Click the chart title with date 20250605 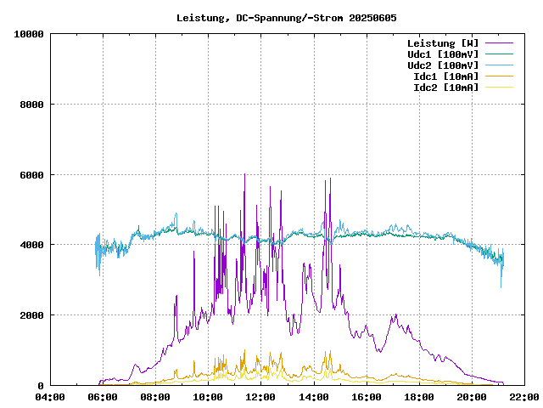click(286, 17)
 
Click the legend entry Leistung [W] click(442, 42)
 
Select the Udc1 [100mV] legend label click(442, 54)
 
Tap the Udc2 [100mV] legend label click(442, 65)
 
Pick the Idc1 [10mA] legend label click(445, 76)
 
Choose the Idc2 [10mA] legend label click(445, 87)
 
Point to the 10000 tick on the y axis click(29, 34)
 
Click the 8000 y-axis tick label click(31, 105)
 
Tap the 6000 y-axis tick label click(31, 175)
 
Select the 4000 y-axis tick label click(31, 245)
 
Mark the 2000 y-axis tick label click(31, 315)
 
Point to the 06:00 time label click(103, 397)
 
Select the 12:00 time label click(260, 397)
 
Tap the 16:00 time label click(366, 397)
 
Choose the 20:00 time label click(471, 397)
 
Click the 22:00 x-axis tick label click(523, 397)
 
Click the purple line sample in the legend click(499, 42)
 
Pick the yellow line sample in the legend click(499, 87)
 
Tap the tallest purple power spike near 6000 click(244, 176)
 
